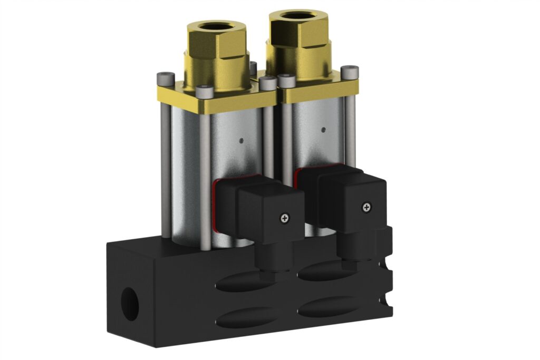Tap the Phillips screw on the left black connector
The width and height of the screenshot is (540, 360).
286,217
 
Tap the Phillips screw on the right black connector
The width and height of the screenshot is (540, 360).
366,207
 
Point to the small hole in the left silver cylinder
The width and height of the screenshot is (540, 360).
241,140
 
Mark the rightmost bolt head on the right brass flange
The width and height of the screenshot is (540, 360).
350,71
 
